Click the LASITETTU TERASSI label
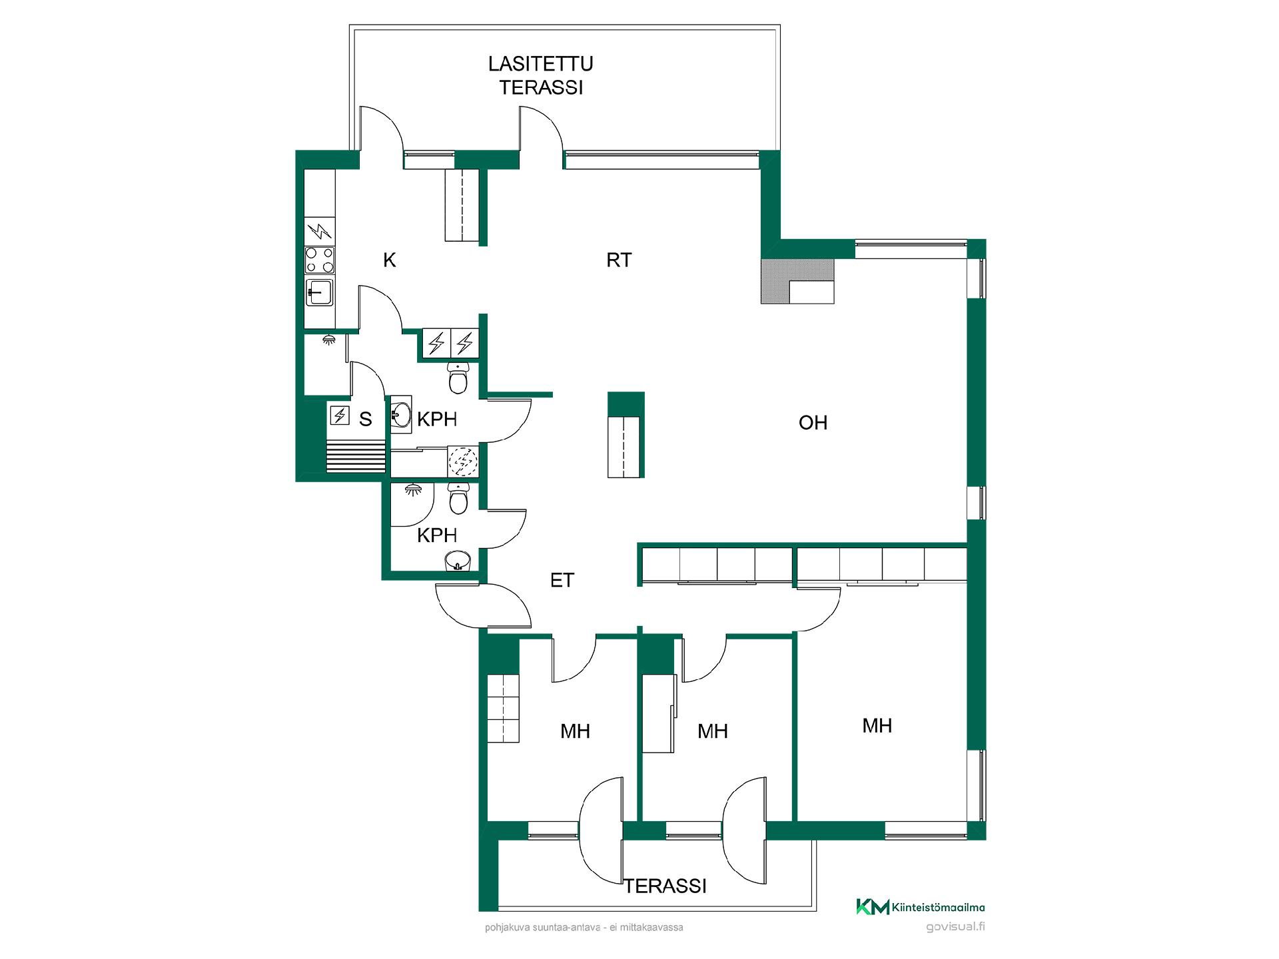click(541, 75)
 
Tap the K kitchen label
click(390, 260)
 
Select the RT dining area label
click(619, 260)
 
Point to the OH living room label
click(813, 422)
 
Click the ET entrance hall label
click(562, 580)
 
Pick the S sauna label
click(365, 419)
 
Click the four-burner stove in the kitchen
click(320, 260)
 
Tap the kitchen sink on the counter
click(320, 292)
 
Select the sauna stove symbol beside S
click(340, 416)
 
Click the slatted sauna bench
click(356, 456)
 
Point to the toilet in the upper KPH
click(458, 378)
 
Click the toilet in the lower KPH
click(458, 498)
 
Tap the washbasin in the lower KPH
click(458, 561)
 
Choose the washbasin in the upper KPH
click(401, 415)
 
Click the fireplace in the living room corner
click(797, 281)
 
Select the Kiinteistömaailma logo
click(920, 906)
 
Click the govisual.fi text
click(955, 927)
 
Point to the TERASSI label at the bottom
click(665, 886)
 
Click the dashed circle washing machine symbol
click(462, 461)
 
